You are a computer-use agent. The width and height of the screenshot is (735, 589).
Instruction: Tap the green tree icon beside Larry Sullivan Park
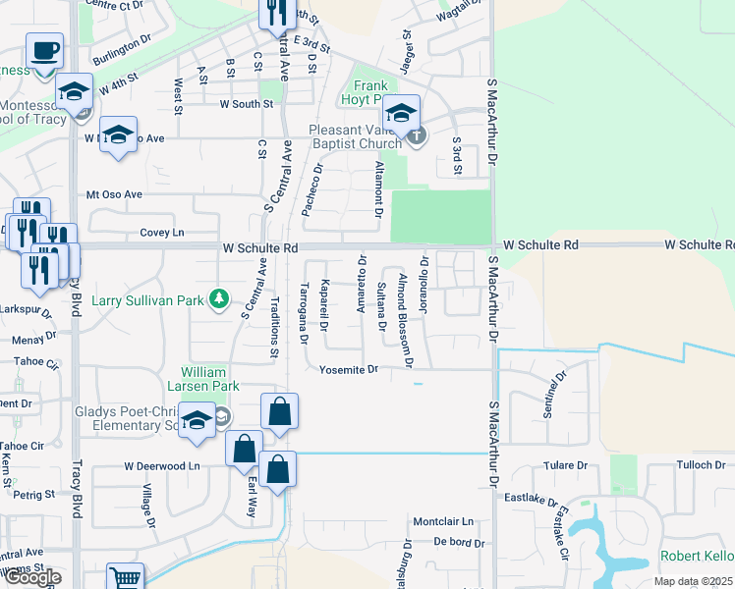223,297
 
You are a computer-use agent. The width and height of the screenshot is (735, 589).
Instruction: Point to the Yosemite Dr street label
349,370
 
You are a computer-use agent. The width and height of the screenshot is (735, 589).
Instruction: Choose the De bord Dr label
454,541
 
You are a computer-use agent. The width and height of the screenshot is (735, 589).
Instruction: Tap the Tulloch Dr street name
700,465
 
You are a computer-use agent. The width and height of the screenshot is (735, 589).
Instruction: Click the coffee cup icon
44,51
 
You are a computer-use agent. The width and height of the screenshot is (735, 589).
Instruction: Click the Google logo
32,578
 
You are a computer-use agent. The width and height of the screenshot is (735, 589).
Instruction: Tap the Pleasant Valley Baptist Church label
355,136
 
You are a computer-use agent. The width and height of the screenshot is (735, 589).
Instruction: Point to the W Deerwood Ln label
161,465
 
